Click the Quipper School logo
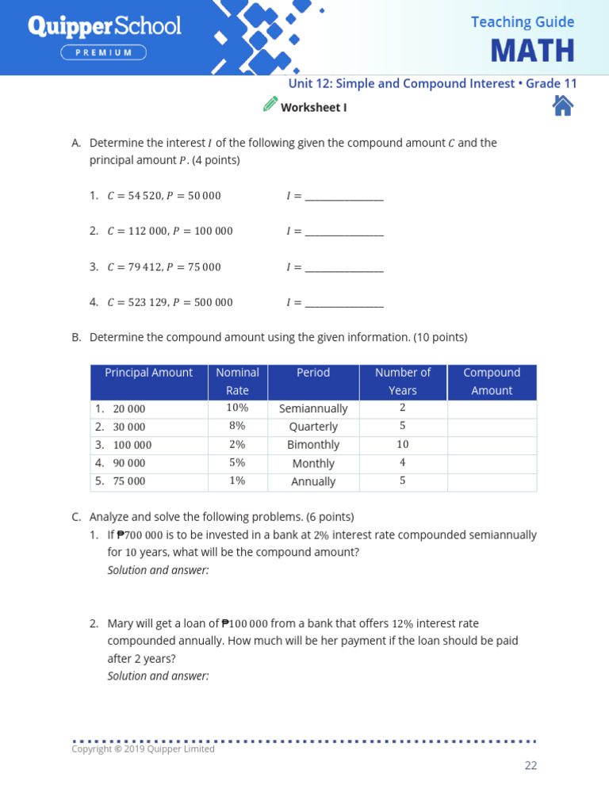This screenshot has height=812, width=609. click(105, 27)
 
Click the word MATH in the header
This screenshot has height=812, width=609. click(532, 51)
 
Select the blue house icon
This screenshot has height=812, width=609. click(562, 105)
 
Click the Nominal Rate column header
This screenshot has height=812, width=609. click(237, 381)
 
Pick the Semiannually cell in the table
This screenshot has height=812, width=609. click(313, 409)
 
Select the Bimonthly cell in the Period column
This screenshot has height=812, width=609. click(313, 445)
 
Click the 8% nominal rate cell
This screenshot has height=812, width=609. click(237, 427)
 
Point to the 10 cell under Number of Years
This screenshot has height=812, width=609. click(403, 445)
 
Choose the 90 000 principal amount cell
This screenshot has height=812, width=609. click(129, 463)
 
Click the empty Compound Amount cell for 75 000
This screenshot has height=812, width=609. click(492, 481)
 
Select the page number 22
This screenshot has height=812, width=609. click(530, 765)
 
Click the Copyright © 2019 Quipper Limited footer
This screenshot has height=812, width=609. click(143, 749)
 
